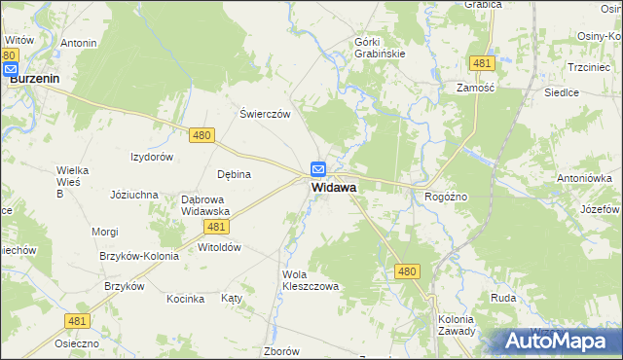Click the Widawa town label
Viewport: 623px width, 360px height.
(334, 187)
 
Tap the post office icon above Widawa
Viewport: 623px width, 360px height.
(318, 169)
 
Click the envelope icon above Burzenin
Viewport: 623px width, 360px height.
(11, 70)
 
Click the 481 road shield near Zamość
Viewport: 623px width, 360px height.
(480, 63)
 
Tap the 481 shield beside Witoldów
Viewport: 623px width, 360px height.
(217, 226)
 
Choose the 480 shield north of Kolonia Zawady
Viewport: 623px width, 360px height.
(408, 273)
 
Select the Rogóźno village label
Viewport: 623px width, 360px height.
(447, 197)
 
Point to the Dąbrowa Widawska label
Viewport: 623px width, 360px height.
(205, 205)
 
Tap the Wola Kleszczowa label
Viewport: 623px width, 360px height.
(310, 280)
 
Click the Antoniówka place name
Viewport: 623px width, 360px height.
(584, 178)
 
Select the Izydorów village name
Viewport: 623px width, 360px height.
(152, 157)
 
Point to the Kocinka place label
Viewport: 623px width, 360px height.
(185, 299)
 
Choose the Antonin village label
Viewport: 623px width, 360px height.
(79, 44)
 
